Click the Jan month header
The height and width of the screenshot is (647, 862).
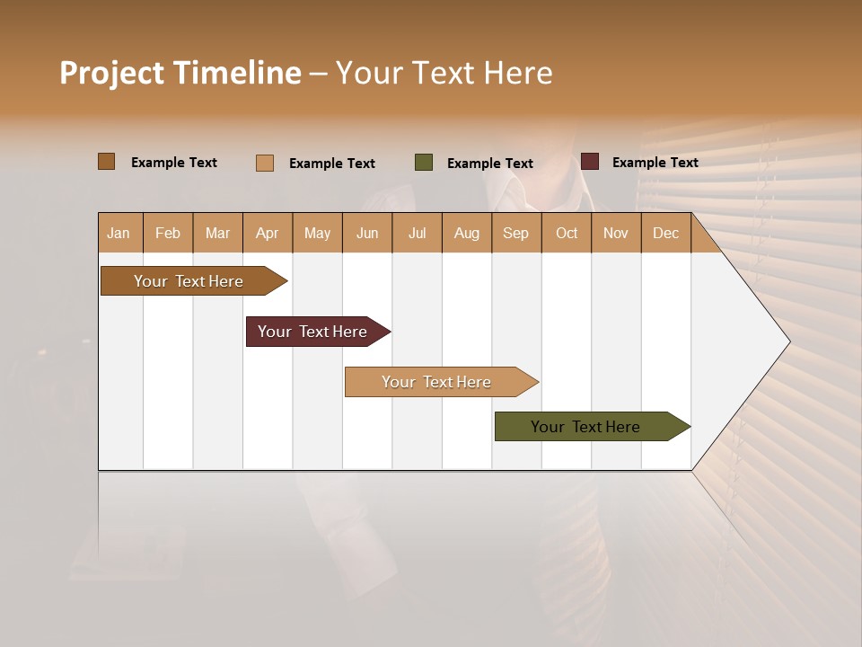coord(119,233)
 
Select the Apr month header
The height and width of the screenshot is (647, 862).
coord(267,233)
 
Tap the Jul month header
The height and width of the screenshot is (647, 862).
coord(417,233)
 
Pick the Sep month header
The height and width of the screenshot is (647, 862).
coord(515,233)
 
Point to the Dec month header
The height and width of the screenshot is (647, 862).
coord(665,233)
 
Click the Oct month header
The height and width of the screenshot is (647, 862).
coord(567,233)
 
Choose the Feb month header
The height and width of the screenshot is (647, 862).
coord(168,233)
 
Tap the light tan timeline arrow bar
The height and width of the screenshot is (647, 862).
coord(437,382)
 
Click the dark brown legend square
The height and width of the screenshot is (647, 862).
coord(106,162)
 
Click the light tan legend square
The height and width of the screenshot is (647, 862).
coord(264,163)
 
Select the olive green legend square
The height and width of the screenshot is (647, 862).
coord(424,163)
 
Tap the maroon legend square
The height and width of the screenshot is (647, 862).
coord(589,162)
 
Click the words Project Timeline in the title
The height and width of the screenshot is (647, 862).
coord(180,73)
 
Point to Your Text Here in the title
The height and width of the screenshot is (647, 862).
coord(444,73)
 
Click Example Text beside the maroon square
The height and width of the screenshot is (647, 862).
coord(655,162)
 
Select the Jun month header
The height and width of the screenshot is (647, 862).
coord(367,233)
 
